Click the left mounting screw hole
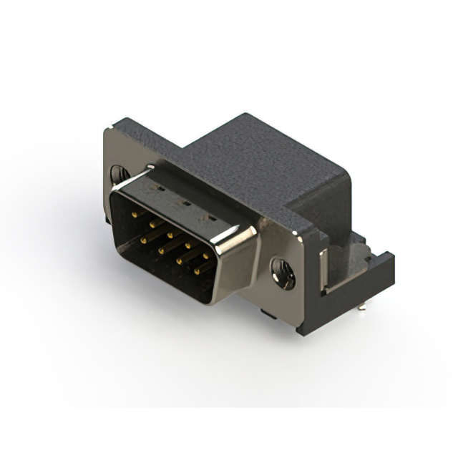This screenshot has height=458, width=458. pyautogui.click(x=118, y=175)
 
